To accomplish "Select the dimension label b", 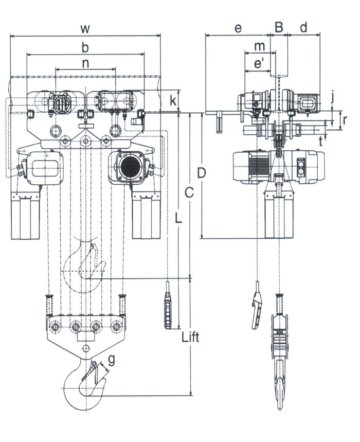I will [85, 48].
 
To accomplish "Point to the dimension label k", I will [173, 100].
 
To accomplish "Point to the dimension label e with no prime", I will [238, 28].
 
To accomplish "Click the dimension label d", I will [303, 28].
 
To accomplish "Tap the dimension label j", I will [334, 96].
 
